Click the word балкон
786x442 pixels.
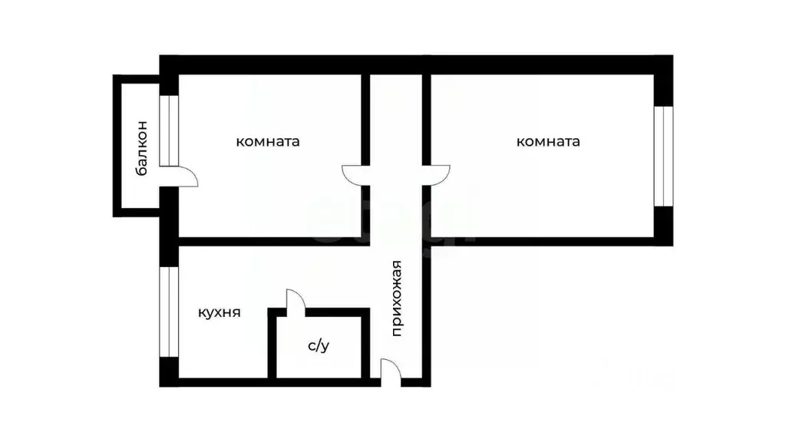[142, 148]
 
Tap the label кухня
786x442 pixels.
[219, 313]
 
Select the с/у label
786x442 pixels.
[319, 345]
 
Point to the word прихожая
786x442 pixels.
[397, 299]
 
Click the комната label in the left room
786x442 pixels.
[268, 141]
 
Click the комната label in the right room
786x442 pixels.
[548, 141]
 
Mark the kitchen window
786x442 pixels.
[169, 312]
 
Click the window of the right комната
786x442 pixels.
[663, 156]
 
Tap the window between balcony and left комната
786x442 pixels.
[169, 130]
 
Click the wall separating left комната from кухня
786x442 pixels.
[274, 242]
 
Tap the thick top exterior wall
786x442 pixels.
[416, 65]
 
